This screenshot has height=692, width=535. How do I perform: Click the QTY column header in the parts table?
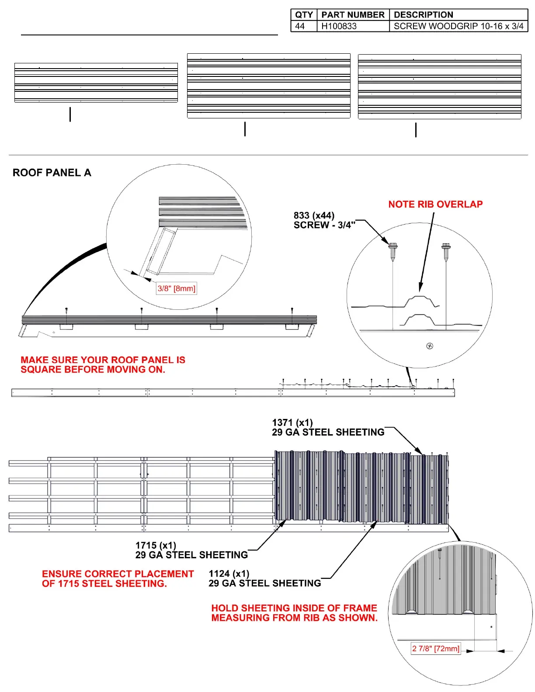304,15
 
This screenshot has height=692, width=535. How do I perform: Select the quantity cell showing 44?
300,26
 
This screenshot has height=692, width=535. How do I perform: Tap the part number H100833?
339,26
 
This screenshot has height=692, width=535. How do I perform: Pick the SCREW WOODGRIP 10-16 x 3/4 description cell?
458,26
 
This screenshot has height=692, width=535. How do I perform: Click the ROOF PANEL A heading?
52,173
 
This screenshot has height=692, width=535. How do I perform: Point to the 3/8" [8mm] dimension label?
177,288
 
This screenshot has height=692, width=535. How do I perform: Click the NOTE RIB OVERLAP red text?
435,204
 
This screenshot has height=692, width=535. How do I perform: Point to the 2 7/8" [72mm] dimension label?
436,649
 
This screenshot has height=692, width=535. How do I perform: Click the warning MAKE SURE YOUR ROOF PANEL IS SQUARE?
103,365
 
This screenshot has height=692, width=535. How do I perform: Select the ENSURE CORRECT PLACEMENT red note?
118,578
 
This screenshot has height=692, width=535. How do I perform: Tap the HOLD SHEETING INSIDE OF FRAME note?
294,612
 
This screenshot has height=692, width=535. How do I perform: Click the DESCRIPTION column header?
423,15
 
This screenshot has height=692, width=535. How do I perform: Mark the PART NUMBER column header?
353,15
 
